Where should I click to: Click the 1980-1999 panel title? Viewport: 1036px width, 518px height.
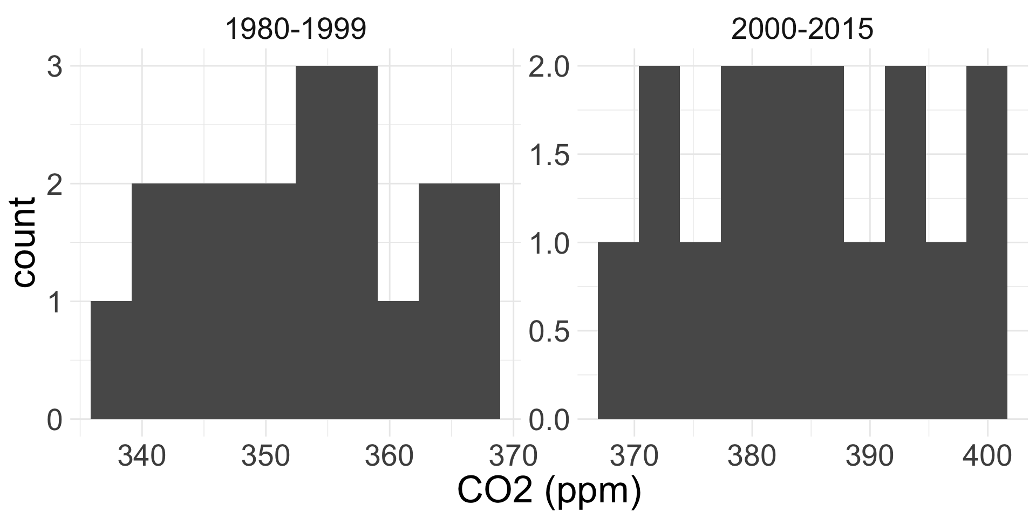click(296, 30)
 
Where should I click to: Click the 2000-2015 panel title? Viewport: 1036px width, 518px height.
click(802, 30)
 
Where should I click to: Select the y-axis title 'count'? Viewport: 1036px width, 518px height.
click(24, 243)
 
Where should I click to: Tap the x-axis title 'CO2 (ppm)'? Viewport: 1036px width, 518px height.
click(549, 491)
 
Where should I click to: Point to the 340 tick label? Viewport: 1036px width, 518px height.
click(141, 456)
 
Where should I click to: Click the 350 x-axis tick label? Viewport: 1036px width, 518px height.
click(265, 456)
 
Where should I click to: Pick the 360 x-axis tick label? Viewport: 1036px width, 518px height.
click(388, 456)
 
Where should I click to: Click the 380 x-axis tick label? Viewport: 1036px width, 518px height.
click(752, 456)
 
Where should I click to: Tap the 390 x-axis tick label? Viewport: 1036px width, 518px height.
click(869, 456)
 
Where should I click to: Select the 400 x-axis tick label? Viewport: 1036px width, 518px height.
click(987, 456)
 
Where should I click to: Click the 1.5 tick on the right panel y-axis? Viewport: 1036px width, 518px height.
click(549, 155)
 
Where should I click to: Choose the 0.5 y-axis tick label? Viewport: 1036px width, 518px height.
click(549, 331)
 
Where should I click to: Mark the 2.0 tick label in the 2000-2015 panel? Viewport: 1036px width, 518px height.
click(549, 67)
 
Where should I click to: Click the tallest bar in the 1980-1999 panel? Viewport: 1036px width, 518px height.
click(336, 243)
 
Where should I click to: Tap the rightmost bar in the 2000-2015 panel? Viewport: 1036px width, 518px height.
click(987, 243)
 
